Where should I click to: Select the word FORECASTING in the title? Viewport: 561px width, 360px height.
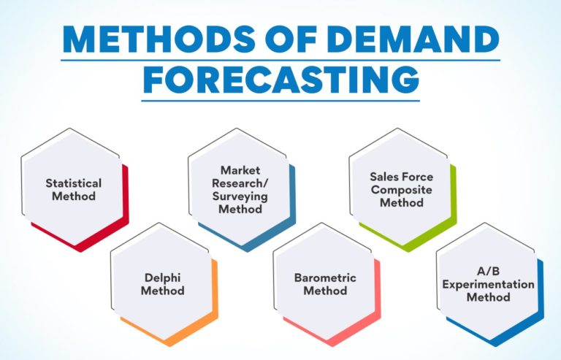click(280, 78)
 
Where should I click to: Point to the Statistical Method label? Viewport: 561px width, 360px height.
click(73, 189)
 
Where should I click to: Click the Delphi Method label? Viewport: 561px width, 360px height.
click(164, 284)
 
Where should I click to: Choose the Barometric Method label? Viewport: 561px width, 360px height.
click(325, 284)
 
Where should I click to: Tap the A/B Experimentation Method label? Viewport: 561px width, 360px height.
click(488, 284)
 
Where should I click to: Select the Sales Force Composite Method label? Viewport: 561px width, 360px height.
click(401, 189)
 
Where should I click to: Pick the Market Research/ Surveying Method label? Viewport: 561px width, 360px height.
click(240, 190)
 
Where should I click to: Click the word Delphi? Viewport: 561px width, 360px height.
click(164, 277)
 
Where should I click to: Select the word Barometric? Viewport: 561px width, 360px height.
click(325, 277)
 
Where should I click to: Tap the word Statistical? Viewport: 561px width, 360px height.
click(73, 183)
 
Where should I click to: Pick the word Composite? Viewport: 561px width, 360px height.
click(401, 189)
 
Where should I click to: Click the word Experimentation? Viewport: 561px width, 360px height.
click(488, 284)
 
